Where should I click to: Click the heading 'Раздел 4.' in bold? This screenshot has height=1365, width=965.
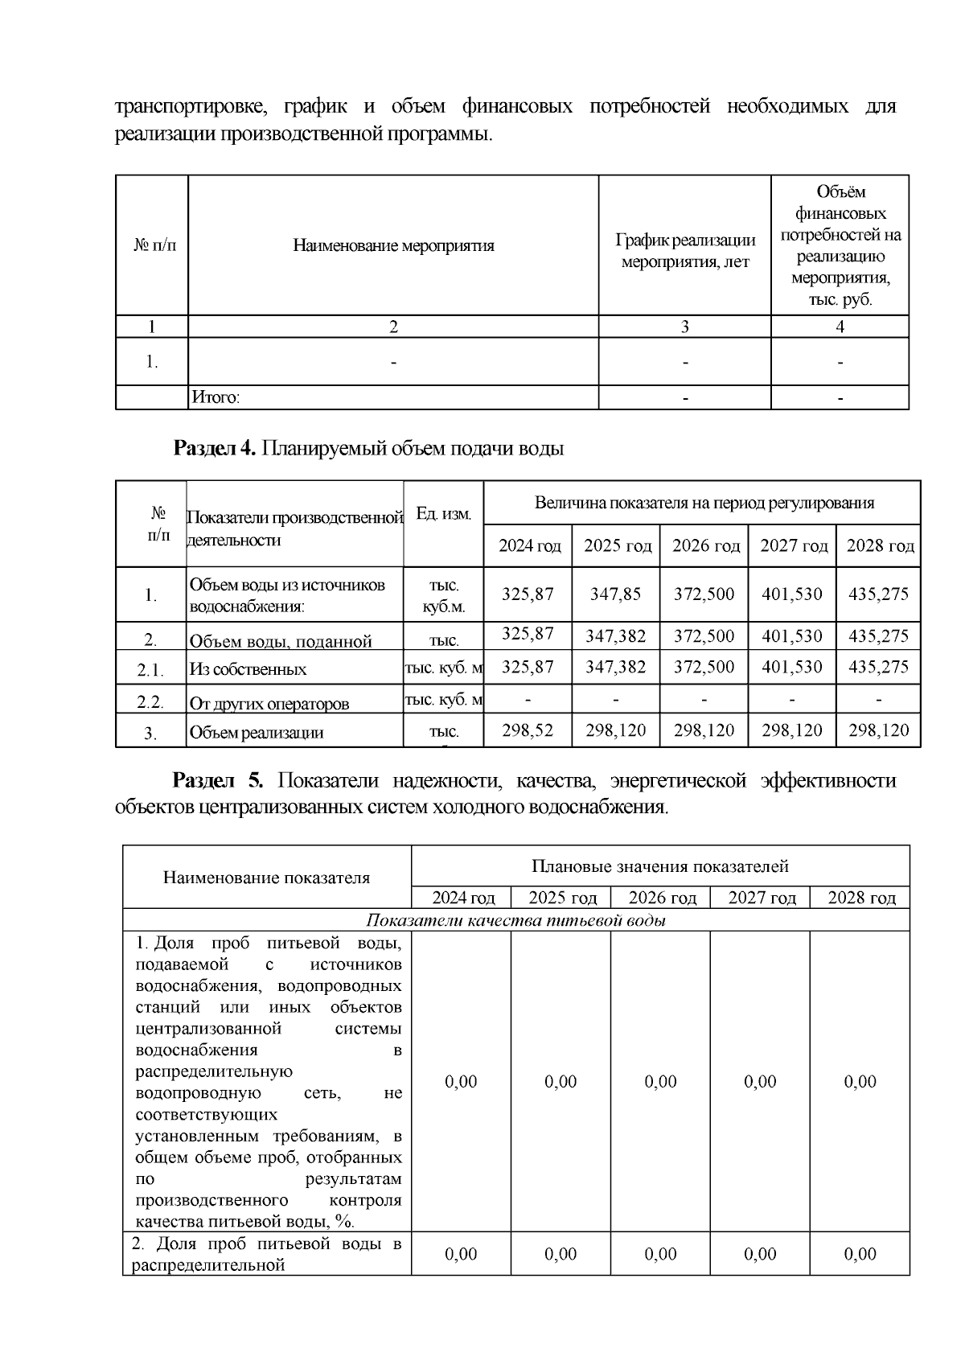214,449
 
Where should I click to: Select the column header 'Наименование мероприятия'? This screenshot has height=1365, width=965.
393,246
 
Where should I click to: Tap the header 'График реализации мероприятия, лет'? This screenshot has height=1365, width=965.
685,251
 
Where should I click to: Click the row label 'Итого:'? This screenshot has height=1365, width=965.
216,397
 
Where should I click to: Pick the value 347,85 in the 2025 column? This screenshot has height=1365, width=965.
615,594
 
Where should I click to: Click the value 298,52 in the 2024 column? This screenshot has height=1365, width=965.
528,730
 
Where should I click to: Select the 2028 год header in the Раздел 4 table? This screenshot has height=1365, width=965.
880,546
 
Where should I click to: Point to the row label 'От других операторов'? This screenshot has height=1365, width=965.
269,704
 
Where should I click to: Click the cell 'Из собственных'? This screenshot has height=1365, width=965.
248,669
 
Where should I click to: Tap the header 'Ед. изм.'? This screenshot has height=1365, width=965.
443,514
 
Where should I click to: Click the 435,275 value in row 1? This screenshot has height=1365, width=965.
879,594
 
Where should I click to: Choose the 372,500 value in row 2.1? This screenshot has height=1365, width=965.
704,667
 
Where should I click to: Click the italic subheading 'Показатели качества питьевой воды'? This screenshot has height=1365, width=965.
515,921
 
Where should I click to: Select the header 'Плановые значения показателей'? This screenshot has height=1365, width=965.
659,866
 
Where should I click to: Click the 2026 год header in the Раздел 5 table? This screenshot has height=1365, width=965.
662,898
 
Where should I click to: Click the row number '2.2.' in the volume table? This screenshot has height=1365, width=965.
150,702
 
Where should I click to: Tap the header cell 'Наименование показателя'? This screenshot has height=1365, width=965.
266,878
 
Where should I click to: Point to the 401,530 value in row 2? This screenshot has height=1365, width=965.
792,636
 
